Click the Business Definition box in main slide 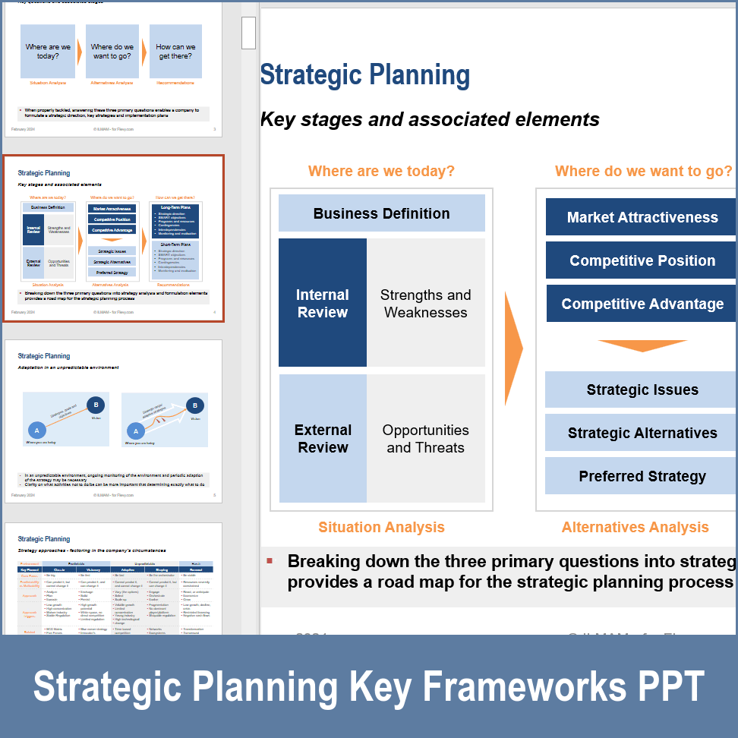click(x=381, y=213)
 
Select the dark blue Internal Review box click(x=323, y=303)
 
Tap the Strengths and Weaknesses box click(x=425, y=303)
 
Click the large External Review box click(x=323, y=438)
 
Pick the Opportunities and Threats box click(x=425, y=438)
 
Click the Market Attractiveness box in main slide click(x=642, y=217)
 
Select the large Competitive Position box click(x=642, y=260)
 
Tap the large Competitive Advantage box click(x=642, y=304)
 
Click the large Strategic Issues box click(x=642, y=389)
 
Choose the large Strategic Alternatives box click(x=642, y=433)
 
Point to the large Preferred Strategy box click(x=642, y=476)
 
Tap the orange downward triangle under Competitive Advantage click(x=642, y=345)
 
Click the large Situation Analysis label click(x=381, y=527)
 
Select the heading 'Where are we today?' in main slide click(x=381, y=171)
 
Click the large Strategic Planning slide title click(x=364, y=75)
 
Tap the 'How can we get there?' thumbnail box click(x=175, y=52)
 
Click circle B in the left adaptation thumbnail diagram click(x=96, y=404)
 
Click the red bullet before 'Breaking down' click(x=269, y=561)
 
